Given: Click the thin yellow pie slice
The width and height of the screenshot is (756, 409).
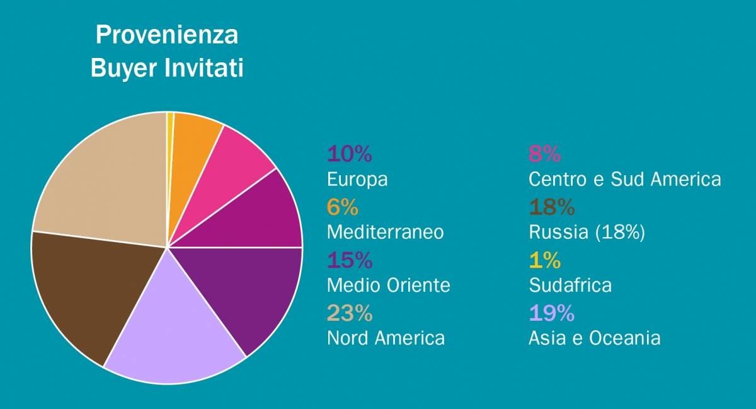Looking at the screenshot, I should click(170, 126).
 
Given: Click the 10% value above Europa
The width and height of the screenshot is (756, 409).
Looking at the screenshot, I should click(350, 153).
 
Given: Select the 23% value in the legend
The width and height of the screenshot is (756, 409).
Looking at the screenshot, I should click(350, 313).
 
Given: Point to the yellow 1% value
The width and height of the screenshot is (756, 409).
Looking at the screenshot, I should click(545, 260).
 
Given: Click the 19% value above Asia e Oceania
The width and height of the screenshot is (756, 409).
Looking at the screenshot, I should click(551, 313).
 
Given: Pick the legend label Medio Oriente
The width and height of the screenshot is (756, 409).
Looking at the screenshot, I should click(389, 285).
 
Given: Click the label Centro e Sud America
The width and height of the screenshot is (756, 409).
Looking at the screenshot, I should click(624, 179).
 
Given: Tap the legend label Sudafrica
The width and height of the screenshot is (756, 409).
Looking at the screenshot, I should click(570, 285).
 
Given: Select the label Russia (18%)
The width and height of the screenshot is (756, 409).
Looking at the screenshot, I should click(587, 232).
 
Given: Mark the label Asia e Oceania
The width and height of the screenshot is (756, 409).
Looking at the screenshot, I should click(595, 338).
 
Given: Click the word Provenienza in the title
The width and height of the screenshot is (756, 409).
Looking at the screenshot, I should click(167, 35).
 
